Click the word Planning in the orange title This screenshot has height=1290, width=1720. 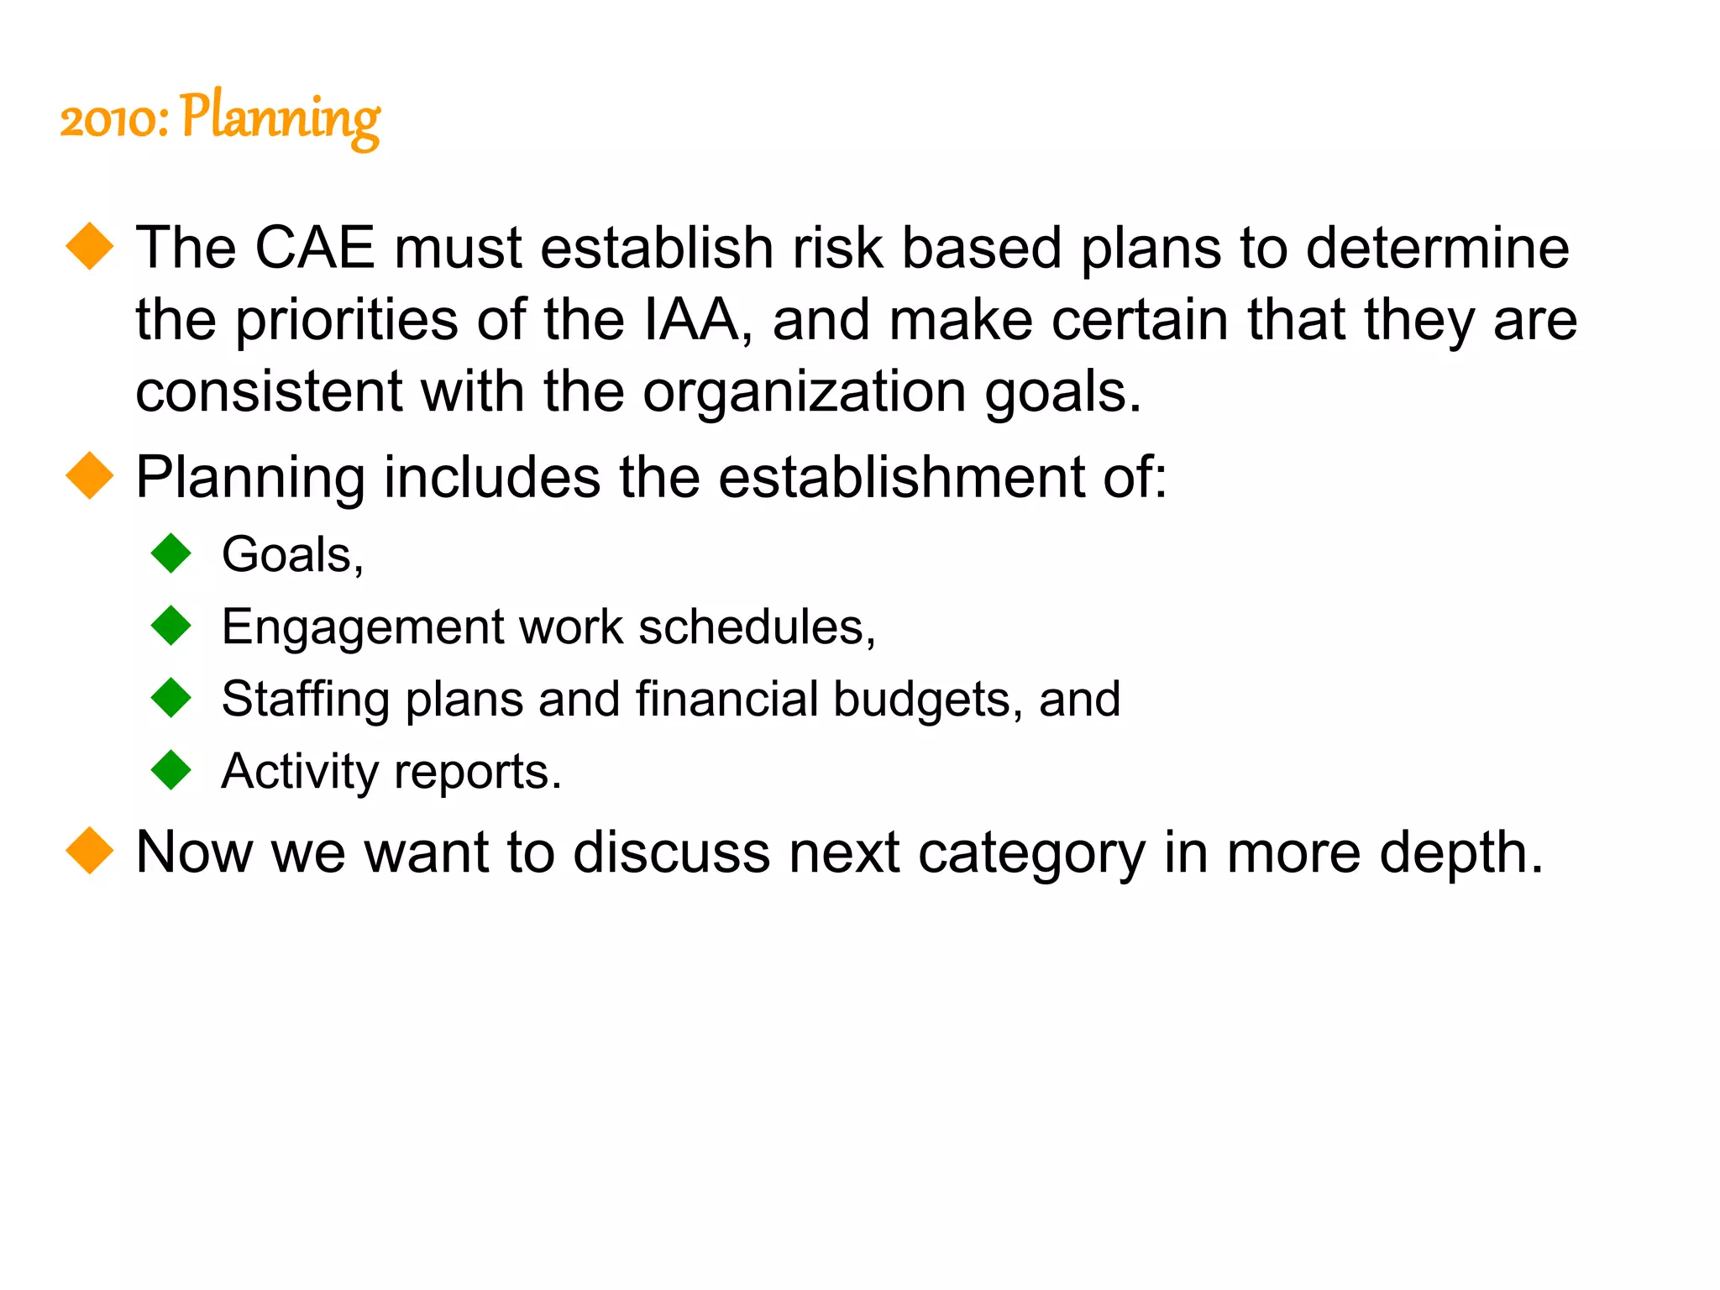coord(280,118)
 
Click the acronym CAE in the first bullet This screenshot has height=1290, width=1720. coord(314,249)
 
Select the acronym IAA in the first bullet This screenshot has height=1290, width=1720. coord(690,321)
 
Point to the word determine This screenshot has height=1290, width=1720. coord(1437,249)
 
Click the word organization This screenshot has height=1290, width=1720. coord(804,393)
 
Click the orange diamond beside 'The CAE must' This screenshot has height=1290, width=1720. coord(89,247)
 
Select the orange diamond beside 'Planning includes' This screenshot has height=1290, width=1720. coord(89,476)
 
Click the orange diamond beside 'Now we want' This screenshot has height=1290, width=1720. coord(89,851)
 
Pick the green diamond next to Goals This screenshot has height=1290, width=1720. coord(172,553)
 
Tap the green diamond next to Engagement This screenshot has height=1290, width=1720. coord(172,626)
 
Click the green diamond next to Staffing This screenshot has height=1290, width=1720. coord(172,698)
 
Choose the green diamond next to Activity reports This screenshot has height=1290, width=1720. coord(172,770)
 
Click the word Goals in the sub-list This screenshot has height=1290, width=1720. coord(286,555)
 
